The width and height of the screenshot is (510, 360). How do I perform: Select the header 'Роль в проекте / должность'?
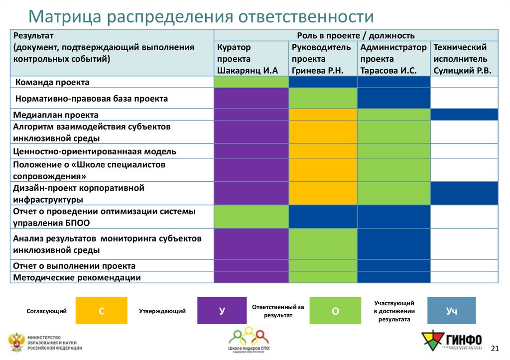(356, 35)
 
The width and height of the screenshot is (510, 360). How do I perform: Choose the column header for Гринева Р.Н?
(322, 59)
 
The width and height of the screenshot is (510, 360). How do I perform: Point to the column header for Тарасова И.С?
(393, 59)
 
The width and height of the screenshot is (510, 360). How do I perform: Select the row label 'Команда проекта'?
(52, 82)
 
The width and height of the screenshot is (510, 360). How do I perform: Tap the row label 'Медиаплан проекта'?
(56, 115)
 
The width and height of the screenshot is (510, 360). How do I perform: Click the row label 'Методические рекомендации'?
(77, 277)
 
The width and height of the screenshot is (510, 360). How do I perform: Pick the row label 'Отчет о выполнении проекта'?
(75, 266)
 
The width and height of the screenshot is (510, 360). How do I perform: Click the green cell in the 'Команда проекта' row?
(251, 82)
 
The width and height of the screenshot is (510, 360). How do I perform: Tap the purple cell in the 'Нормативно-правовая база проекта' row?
(251, 98)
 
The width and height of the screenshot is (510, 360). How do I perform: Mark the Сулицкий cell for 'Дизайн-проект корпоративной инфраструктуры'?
(464, 193)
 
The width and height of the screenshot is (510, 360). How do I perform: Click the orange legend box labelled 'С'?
(101, 311)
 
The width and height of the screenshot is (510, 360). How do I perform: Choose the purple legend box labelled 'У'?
(222, 311)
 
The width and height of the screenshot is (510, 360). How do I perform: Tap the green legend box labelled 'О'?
(335, 311)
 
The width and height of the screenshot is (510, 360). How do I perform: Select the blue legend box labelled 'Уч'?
(451, 311)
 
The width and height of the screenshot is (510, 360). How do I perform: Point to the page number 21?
(495, 347)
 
